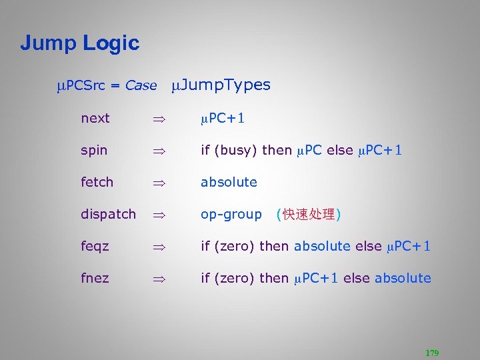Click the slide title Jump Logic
[x=79, y=43]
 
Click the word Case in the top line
[x=141, y=85]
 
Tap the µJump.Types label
[x=221, y=85]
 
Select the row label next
[x=95, y=118]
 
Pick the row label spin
[x=94, y=150]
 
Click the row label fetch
[x=97, y=182]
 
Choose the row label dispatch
[x=108, y=214]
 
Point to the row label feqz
[x=95, y=246]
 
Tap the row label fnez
[x=95, y=278]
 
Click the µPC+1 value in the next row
[x=223, y=118]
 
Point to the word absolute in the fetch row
[x=229, y=182]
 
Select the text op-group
[x=231, y=214]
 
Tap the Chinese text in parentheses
[x=308, y=215]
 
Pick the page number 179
[x=432, y=353]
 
